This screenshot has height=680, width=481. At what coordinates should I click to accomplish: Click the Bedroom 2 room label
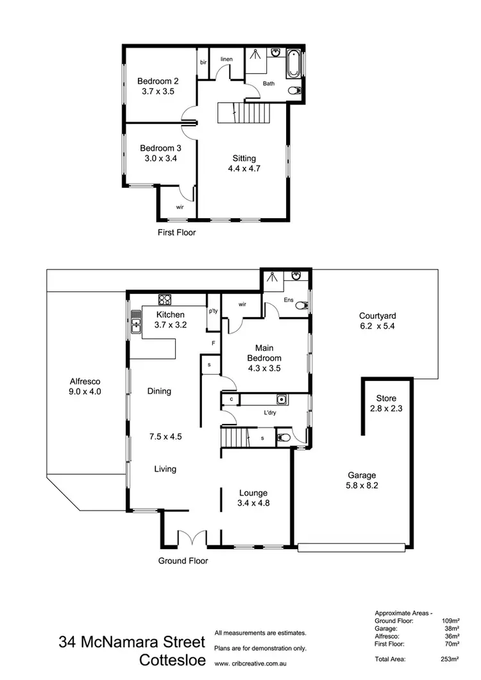tap(158, 81)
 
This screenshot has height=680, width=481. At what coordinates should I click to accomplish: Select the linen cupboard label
tap(226, 59)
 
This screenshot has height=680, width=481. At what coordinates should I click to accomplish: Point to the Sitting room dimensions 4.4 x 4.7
tap(244, 169)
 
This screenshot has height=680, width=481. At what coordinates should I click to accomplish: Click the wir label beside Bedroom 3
tap(180, 207)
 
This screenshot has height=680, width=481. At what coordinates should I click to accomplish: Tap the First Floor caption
tap(176, 232)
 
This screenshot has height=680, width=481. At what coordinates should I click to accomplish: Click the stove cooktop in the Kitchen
tap(165, 299)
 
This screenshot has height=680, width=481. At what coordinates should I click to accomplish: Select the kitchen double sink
tap(136, 322)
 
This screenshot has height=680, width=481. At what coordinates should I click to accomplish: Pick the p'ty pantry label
tap(213, 311)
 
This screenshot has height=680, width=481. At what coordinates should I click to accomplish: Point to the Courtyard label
tap(377, 316)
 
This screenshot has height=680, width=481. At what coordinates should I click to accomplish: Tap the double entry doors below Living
tap(192, 538)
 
